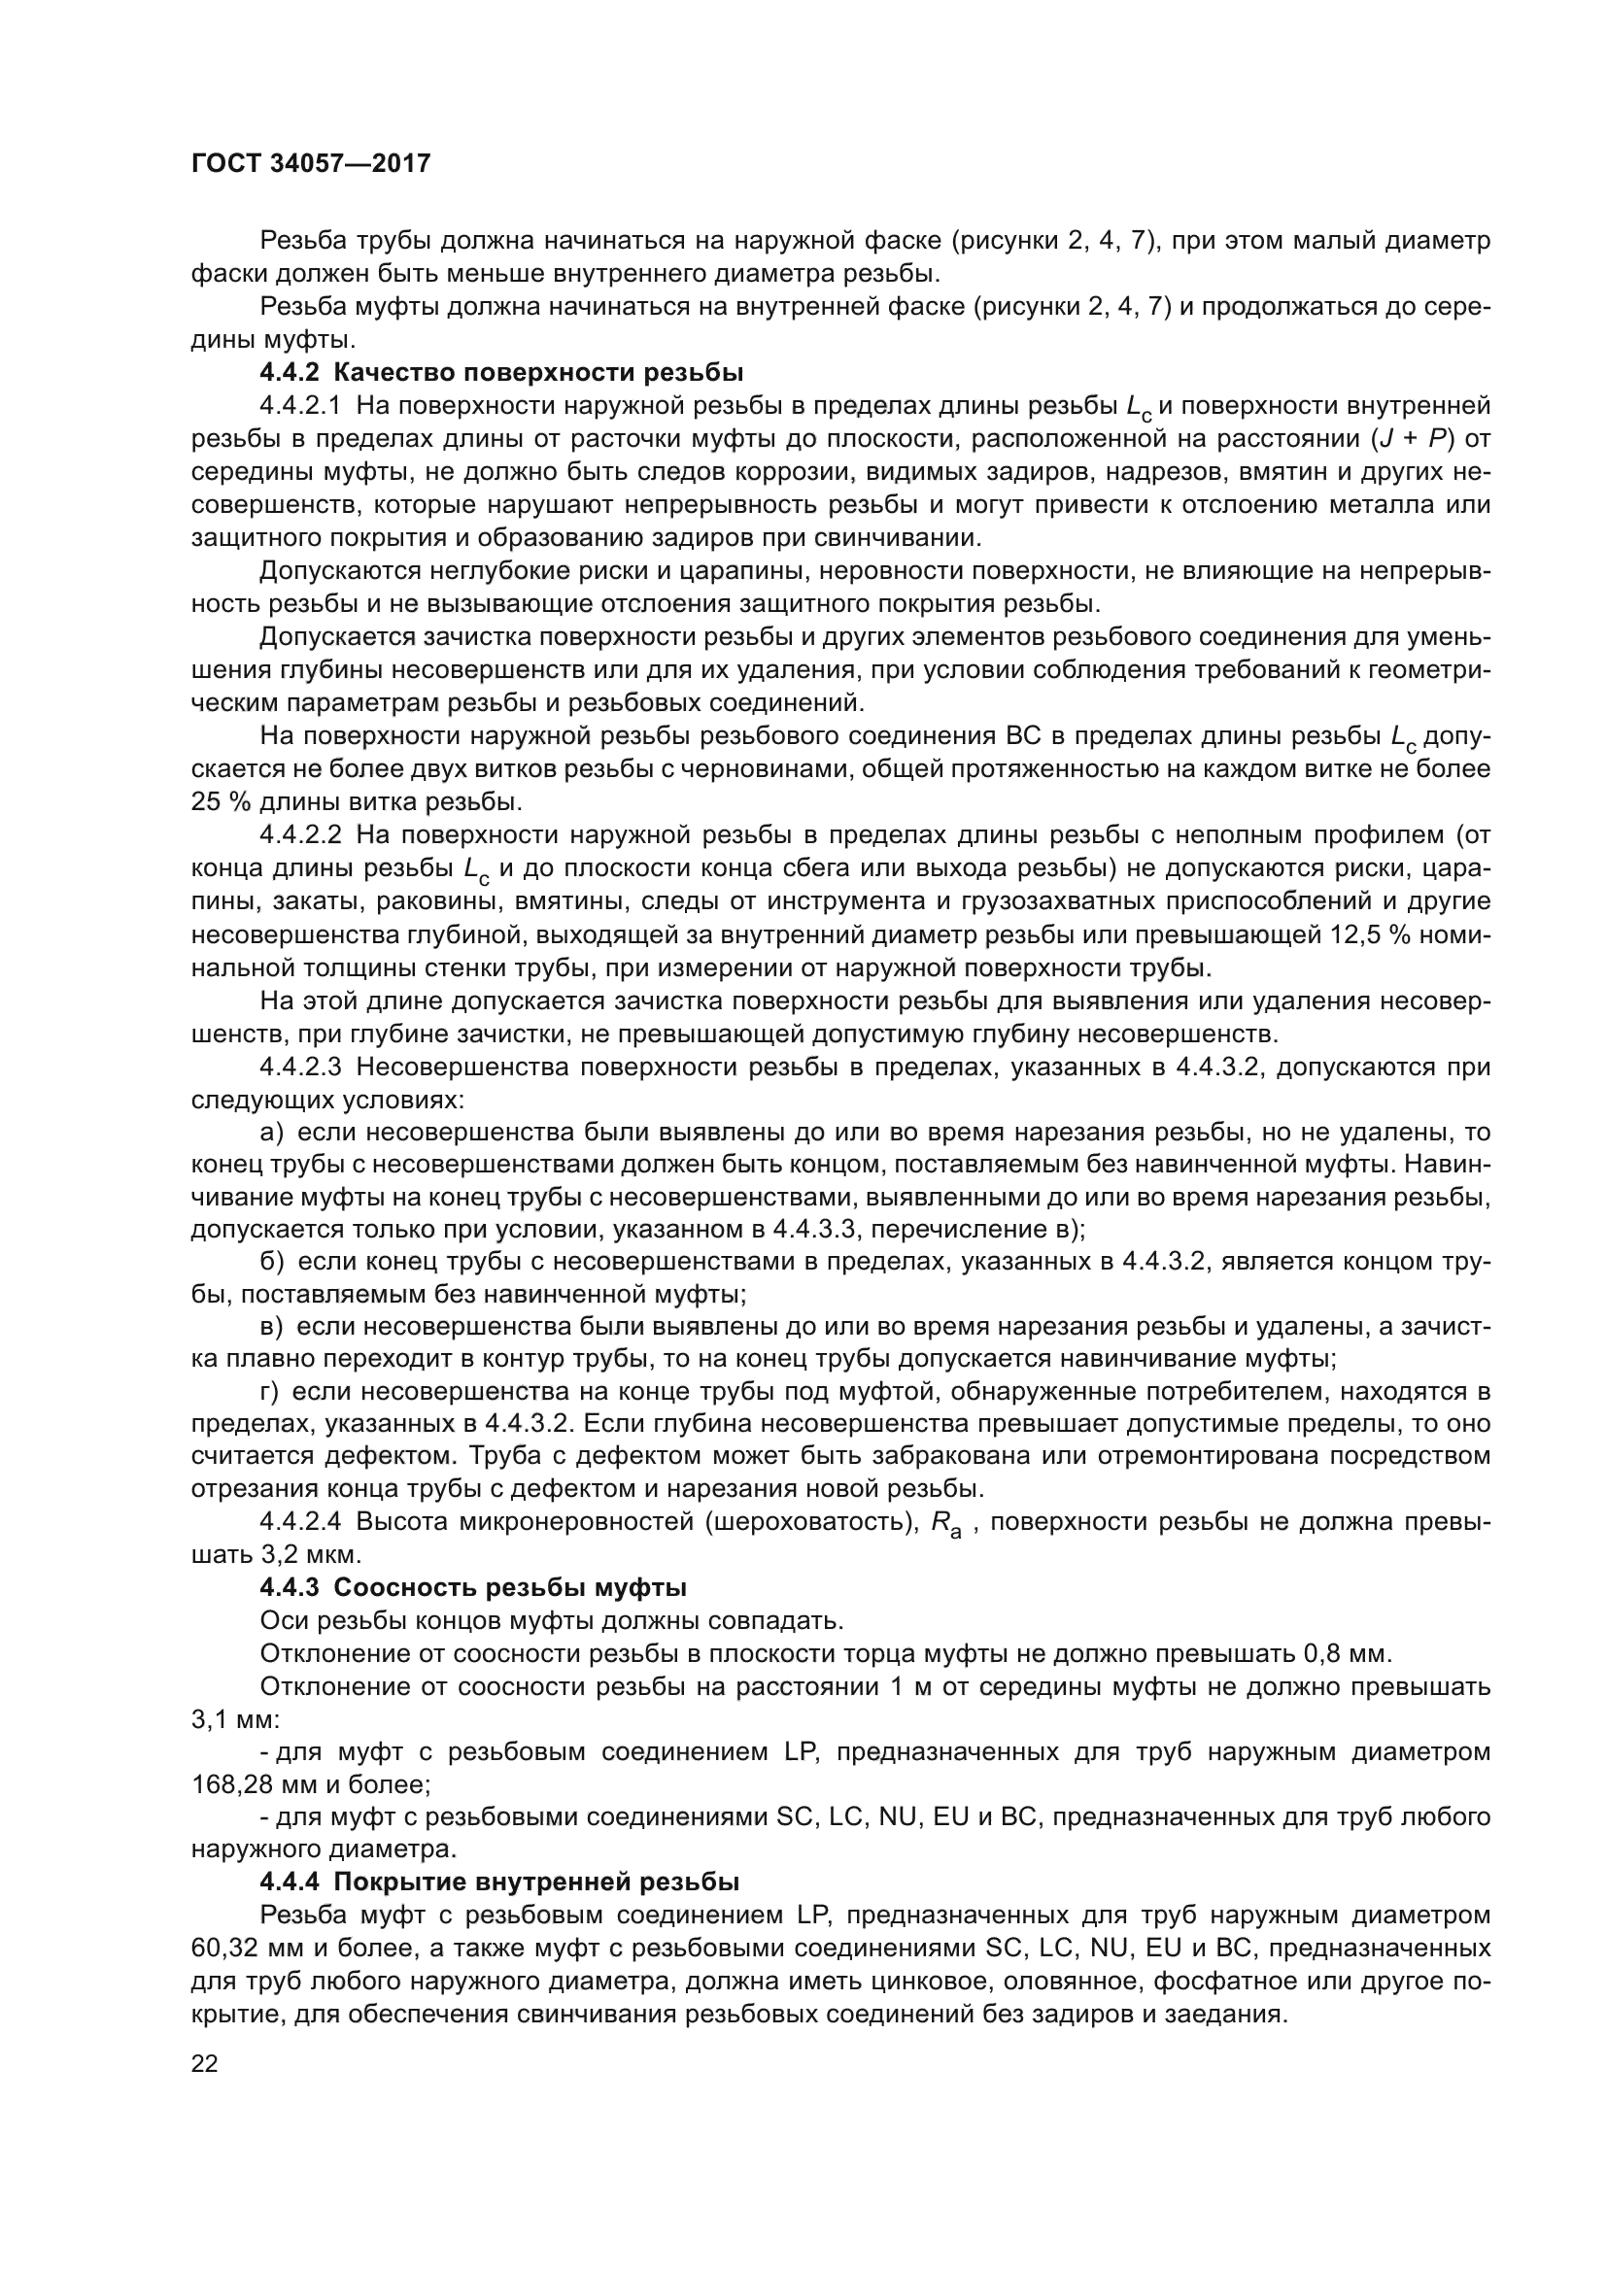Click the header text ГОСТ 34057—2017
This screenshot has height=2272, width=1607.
coord(311,163)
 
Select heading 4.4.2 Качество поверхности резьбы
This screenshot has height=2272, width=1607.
coord(500,373)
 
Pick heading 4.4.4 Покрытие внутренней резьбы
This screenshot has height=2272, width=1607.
coord(499,1882)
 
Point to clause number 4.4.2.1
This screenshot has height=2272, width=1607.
coord(300,406)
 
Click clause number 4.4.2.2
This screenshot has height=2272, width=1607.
coord(300,835)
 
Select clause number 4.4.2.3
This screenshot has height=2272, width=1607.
coord(300,1067)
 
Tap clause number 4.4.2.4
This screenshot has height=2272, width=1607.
coord(300,1522)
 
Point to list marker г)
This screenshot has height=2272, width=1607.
coord(271,1391)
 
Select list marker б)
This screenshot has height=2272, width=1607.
coord(272,1262)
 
